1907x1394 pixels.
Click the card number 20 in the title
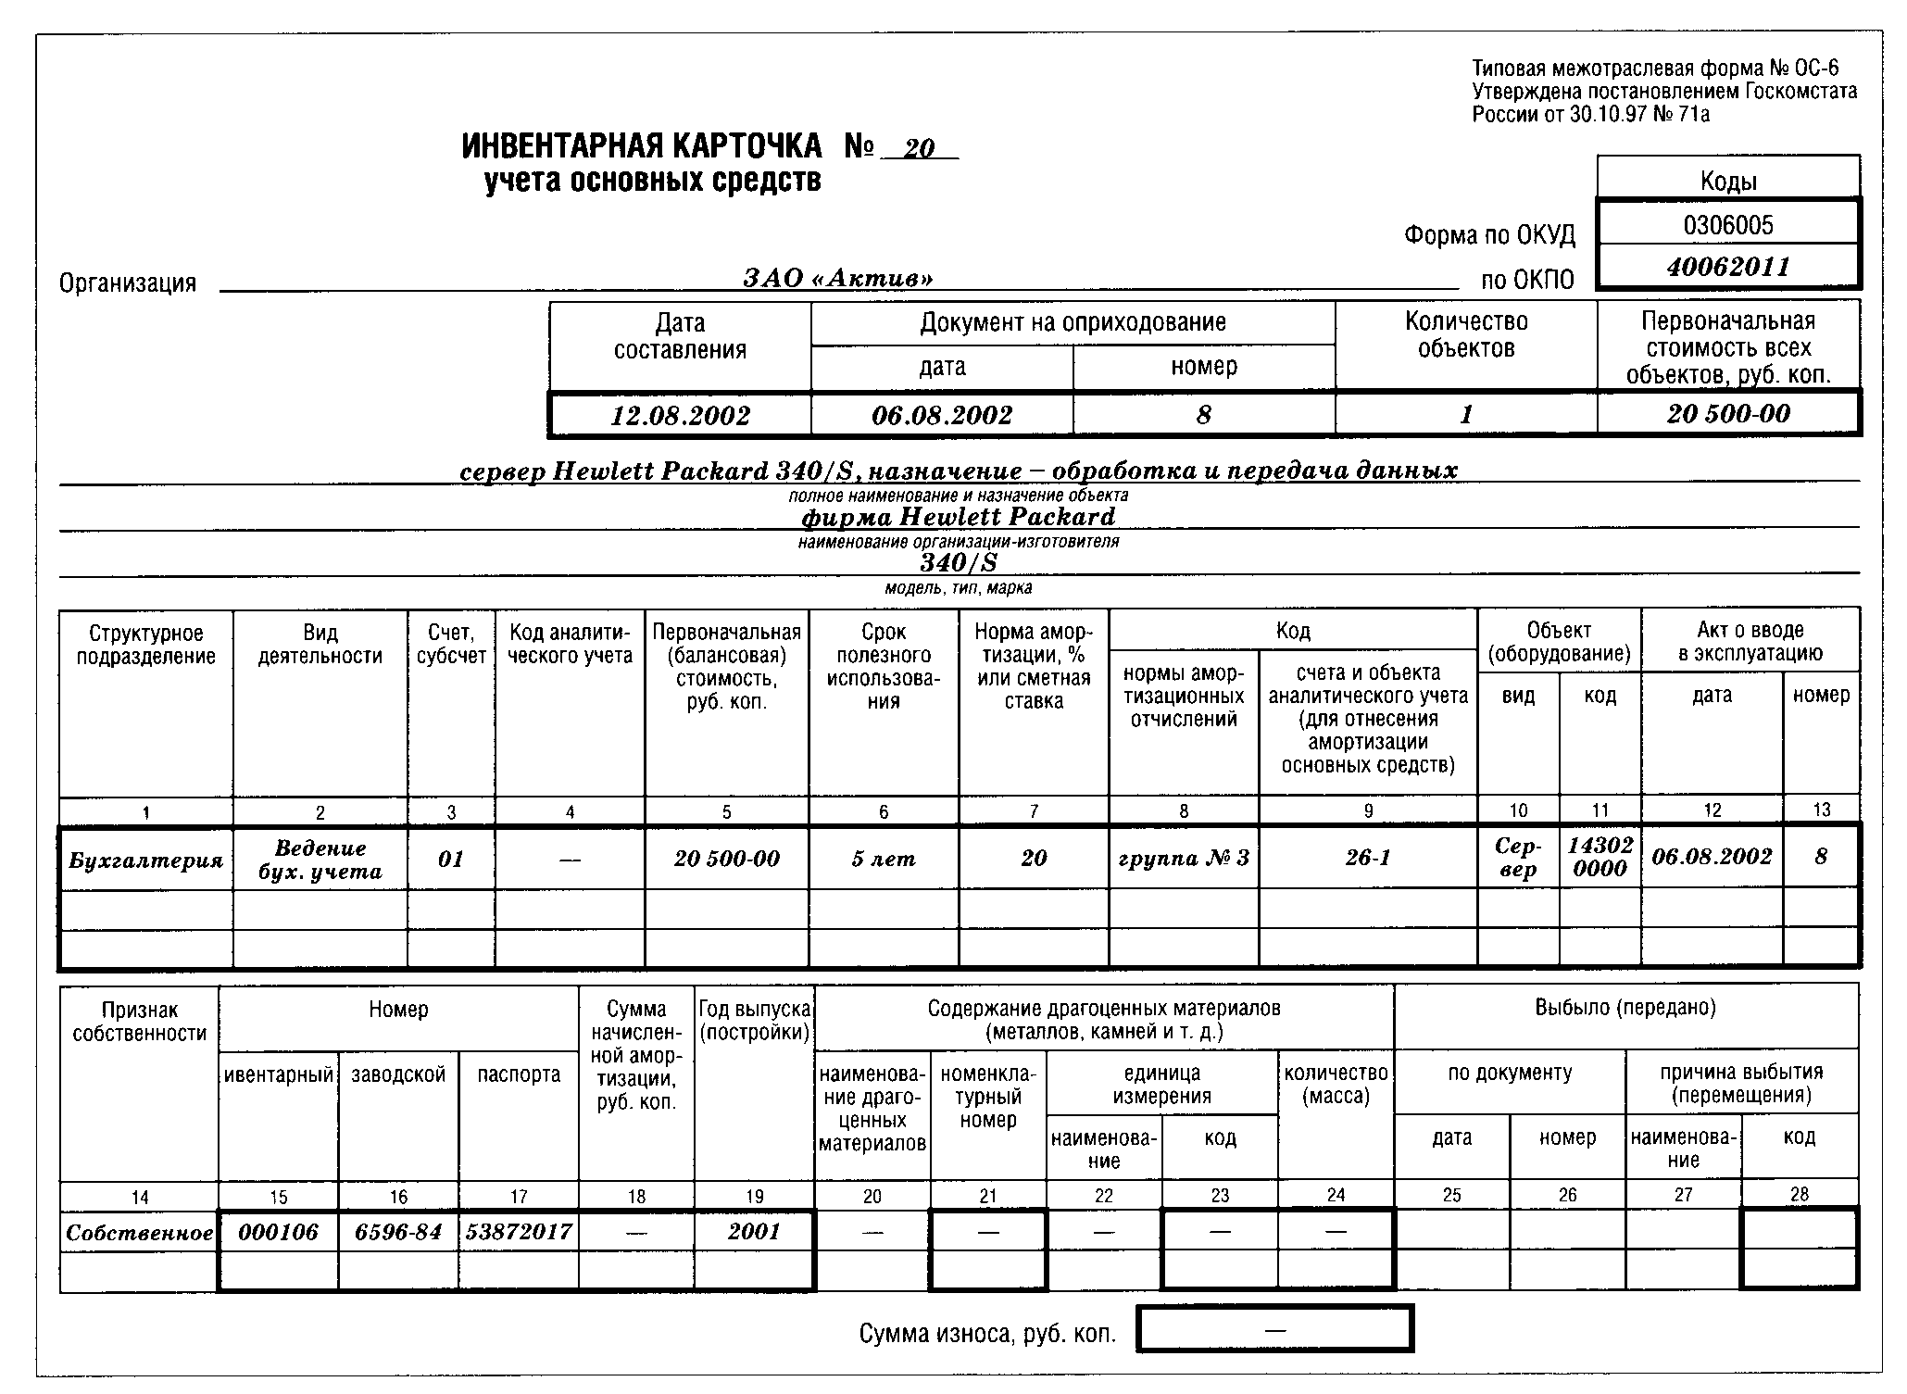(x=920, y=149)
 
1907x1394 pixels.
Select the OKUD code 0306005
(x=1728, y=225)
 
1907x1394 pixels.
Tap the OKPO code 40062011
(x=1728, y=268)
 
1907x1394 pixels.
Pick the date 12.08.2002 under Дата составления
(x=680, y=415)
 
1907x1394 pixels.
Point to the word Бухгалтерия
(x=146, y=860)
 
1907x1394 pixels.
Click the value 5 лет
(x=884, y=860)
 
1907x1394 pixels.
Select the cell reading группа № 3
(x=1184, y=859)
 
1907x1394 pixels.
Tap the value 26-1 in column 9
(x=1368, y=859)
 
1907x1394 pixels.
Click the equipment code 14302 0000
(x=1600, y=857)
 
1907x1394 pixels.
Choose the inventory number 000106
(x=278, y=1232)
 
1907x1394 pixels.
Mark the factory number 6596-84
(x=398, y=1232)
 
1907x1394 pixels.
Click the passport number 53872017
(x=519, y=1232)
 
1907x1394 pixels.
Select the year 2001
(x=754, y=1232)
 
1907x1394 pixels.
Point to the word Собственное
(x=140, y=1233)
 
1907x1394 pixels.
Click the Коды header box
(x=1728, y=181)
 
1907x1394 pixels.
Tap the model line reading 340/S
(x=959, y=563)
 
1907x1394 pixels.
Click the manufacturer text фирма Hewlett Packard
(x=959, y=516)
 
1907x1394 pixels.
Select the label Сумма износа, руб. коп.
(x=987, y=1334)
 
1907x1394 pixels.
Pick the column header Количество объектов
(x=1466, y=335)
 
